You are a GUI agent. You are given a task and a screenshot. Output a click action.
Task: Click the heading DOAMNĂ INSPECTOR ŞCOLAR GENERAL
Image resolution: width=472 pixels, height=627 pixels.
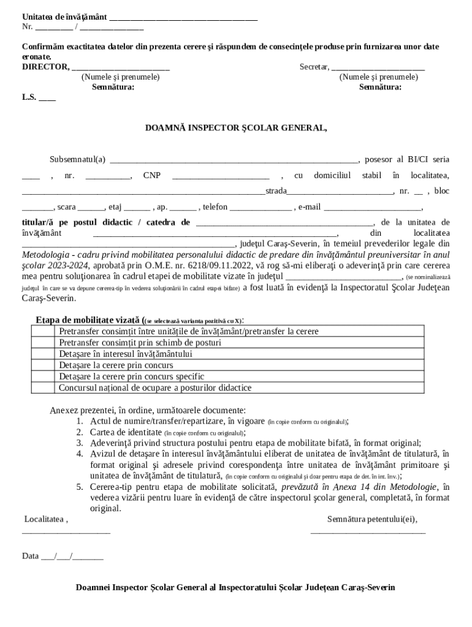pyautogui.click(x=236, y=129)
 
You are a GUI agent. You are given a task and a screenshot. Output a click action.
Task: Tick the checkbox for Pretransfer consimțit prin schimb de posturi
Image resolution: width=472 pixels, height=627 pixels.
pyautogui.click(x=44, y=343)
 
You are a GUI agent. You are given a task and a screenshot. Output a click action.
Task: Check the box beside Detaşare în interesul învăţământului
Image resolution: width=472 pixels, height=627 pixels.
pyautogui.click(x=44, y=354)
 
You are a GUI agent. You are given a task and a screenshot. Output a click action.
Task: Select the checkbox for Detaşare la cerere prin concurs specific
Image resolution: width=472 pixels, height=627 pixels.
pyautogui.click(x=44, y=377)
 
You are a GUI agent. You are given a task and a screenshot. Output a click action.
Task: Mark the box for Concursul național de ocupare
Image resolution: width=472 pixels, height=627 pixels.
pyautogui.click(x=44, y=388)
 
